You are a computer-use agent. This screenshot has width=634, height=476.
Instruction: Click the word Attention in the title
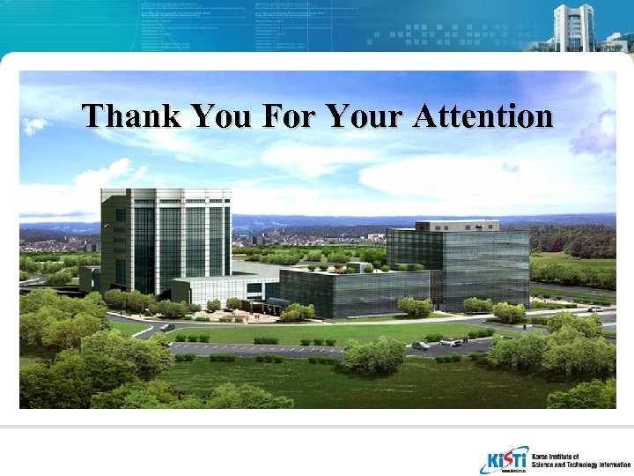point(483,115)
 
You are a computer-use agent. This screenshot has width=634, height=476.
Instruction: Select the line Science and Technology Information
point(581,465)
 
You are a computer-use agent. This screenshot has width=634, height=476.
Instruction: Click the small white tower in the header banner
point(573,26)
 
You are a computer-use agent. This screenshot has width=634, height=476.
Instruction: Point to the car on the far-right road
point(595,309)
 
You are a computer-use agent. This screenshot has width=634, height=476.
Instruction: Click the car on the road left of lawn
point(166,327)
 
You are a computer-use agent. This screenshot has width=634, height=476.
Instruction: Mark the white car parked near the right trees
point(450,342)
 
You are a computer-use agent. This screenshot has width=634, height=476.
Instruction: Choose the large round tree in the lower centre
point(374,354)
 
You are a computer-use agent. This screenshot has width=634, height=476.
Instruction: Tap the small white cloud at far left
point(34,126)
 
